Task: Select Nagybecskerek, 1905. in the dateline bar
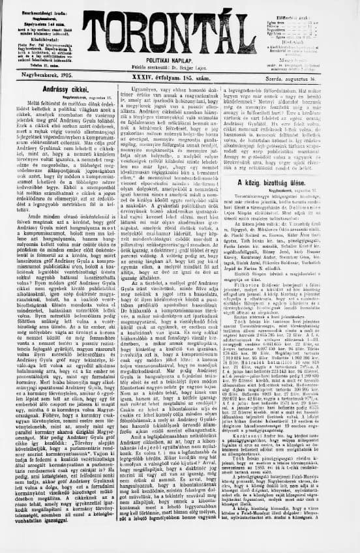[43, 77]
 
